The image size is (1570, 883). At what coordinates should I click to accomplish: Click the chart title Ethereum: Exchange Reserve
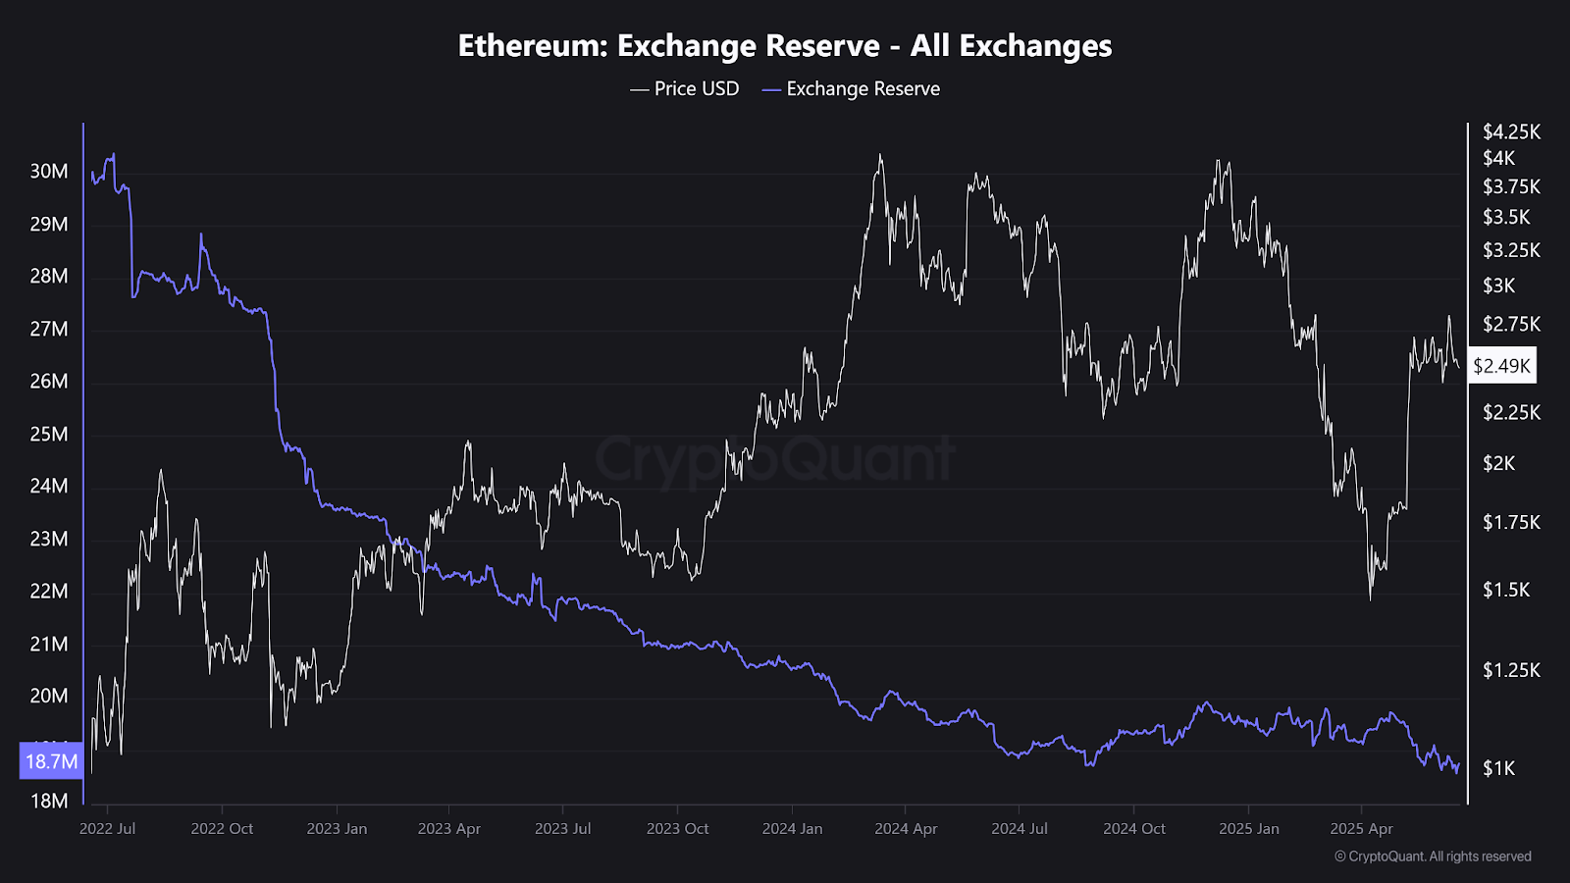point(785,46)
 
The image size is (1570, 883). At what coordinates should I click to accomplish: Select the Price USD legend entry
point(685,89)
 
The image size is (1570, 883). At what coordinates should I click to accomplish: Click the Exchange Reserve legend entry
point(851,89)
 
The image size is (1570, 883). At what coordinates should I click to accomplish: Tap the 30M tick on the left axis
point(49,172)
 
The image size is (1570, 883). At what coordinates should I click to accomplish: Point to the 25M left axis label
point(49,434)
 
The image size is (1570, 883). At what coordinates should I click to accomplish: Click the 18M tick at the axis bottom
point(49,801)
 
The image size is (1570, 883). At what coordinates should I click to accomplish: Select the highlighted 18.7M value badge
point(51,761)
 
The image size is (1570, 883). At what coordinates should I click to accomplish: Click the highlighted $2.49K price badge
point(1501,366)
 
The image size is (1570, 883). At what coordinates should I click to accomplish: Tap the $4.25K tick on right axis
point(1511,131)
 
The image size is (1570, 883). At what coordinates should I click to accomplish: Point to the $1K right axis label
point(1498,768)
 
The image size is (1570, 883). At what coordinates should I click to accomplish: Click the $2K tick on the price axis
point(1498,463)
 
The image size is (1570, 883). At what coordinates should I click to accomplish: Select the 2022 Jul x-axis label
point(108,829)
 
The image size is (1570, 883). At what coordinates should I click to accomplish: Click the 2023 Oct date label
point(677,829)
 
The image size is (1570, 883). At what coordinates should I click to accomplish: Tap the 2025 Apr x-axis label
point(1361,829)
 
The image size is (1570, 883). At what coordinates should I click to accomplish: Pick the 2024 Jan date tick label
point(792,829)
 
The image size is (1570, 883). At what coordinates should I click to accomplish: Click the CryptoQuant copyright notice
point(1433,857)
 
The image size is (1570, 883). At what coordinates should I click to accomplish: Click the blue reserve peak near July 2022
point(114,154)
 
